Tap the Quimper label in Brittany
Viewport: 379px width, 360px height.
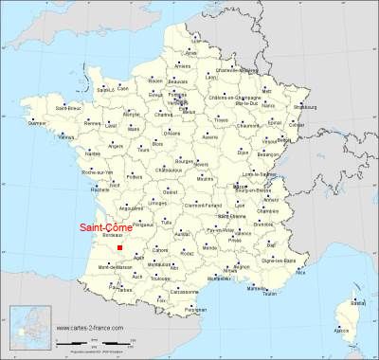tap(37, 123)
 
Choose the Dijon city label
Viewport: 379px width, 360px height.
tap(242, 152)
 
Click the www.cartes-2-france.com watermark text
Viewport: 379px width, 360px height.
tap(109, 329)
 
